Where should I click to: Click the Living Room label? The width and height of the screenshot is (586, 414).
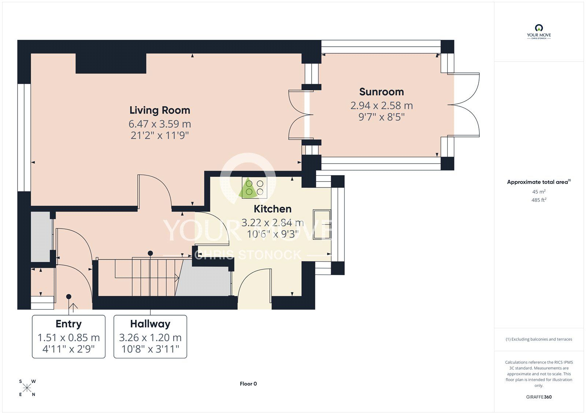point(160,110)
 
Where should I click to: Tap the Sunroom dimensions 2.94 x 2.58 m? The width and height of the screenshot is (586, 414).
point(381,105)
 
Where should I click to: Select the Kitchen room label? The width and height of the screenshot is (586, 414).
point(272,209)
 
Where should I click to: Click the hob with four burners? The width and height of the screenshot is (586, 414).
point(255,188)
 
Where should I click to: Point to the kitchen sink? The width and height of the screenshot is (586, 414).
point(322,224)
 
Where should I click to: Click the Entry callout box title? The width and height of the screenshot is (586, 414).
point(68,324)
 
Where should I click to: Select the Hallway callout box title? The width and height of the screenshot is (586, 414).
point(150,324)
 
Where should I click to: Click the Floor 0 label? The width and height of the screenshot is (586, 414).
point(248,384)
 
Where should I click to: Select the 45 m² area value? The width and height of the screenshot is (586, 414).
point(539,191)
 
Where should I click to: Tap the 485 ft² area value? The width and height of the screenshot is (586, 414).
point(539,200)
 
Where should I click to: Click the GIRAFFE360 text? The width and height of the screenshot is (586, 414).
point(539,397)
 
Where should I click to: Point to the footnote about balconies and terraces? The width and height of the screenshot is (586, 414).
point(539,339)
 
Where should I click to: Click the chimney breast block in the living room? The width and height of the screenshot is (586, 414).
point(111,63)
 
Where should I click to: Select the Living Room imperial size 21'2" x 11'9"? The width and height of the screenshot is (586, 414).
point(160,136)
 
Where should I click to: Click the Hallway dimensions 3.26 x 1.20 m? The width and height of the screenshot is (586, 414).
point(150,337)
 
